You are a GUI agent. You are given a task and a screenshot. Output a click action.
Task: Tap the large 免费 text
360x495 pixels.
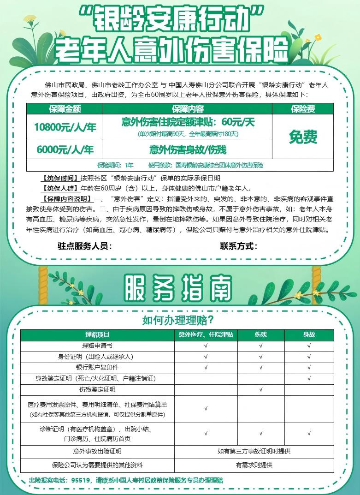pos(303,137)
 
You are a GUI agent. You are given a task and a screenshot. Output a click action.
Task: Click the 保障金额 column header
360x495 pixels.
pos(64,109)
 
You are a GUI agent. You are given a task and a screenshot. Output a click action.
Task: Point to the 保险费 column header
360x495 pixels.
pos(303,109)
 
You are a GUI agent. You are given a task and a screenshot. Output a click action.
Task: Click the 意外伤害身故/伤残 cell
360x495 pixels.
pos(188,150)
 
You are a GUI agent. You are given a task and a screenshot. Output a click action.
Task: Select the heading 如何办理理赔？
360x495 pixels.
pos(180,320)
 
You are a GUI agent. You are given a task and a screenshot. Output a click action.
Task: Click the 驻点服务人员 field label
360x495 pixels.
pos(85,246)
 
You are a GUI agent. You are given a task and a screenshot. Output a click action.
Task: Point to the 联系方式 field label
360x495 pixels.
pos(238,246)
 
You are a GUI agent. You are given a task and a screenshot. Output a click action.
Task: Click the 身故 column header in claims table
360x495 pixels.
pos(309,334)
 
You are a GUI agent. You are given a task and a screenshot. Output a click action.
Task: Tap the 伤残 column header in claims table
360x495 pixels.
pos(260,334)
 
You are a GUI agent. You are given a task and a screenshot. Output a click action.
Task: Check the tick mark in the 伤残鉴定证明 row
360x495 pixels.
pos(261,390)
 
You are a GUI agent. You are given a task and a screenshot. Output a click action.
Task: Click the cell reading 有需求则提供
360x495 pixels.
pos(254,465)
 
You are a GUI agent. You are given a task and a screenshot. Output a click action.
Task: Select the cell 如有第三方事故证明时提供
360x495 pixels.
pos(254,451)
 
